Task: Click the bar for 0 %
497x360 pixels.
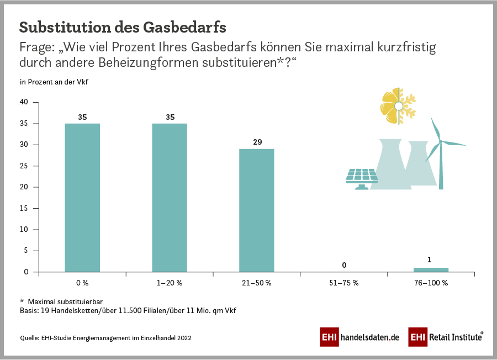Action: coord(82,197)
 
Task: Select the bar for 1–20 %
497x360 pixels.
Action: coord(170,197)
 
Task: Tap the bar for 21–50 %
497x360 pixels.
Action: coord(257,210)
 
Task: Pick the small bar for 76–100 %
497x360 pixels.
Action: coord(431,269)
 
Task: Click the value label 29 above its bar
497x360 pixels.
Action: coord(257,142)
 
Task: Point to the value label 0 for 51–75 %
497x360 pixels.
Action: coord(344,266)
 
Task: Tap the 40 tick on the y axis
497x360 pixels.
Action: coord(24,102)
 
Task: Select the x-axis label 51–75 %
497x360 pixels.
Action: coord(344,283)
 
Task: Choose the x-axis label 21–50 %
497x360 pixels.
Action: coord(257,283)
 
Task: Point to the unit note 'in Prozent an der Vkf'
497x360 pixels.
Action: coord(54,82)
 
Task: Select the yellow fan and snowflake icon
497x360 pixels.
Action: coord(397,105)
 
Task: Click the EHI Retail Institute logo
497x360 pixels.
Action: coord(446,337)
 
